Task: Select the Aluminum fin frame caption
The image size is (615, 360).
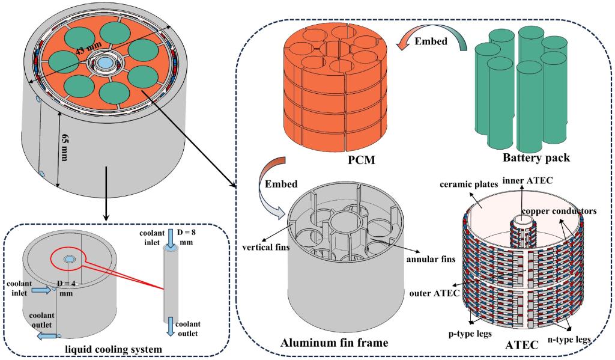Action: [333, 343]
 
